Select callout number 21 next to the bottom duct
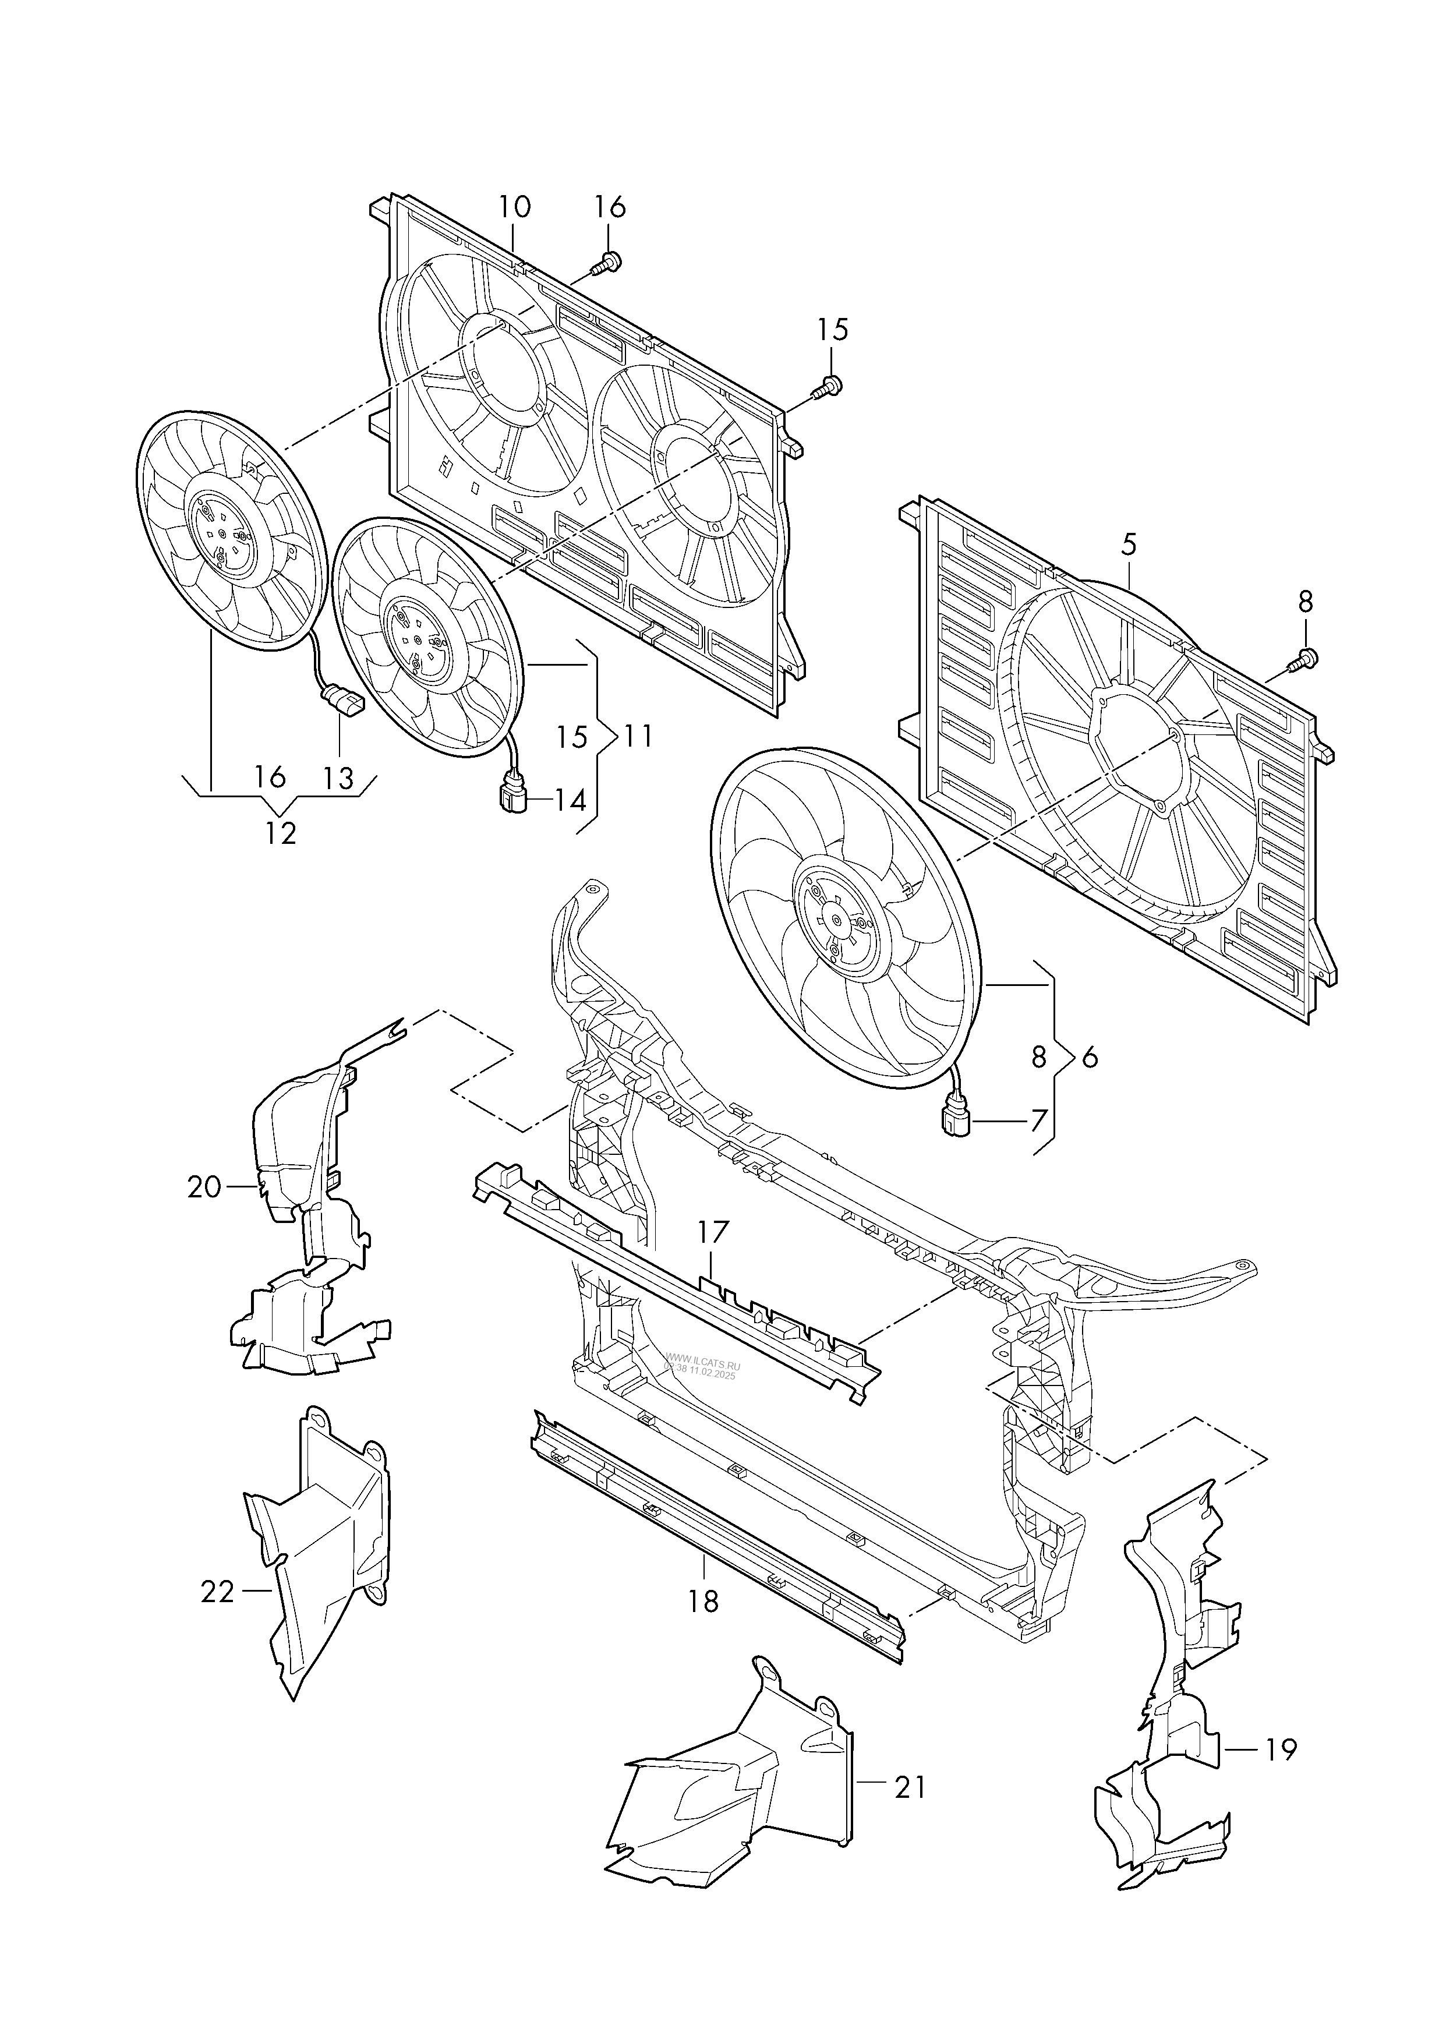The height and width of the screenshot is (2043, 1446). [910, 1787]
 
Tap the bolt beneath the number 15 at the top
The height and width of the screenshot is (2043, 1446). [828, 386]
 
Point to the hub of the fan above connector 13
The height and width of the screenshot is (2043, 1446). [222, 532]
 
